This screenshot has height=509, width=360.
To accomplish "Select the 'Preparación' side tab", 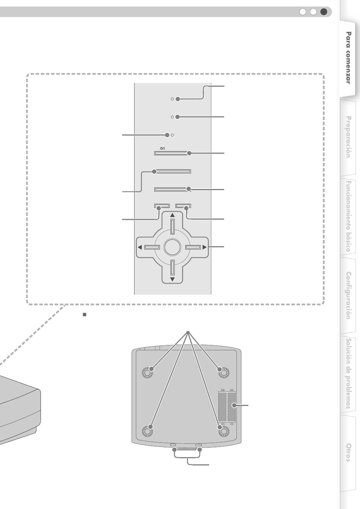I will click(x=348, y=137).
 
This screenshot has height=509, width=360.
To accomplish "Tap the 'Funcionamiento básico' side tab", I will click(x=348, y=216).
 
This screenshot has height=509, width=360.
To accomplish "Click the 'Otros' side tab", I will click(x=348, y=452).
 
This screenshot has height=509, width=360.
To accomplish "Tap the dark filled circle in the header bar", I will click(x=324, y=12).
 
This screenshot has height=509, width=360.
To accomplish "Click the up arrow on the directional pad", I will click(x=172, y=215).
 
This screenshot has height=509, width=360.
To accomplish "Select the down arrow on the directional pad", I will click(x=172, y=279).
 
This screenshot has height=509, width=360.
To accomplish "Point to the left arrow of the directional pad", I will click(x=140, y=248).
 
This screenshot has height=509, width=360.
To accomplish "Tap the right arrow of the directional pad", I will click(x=204, y=248).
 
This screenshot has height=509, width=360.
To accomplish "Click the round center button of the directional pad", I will click(x=172, y=247).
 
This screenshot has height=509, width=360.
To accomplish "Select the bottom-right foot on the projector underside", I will click(x=223, y=431).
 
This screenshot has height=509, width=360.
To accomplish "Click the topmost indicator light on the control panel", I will click(x=172, y=99).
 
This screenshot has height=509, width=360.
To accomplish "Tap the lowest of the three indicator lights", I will click(x=172, y=135).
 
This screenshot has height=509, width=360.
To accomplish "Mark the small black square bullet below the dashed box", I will click(x=85, y=315).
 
